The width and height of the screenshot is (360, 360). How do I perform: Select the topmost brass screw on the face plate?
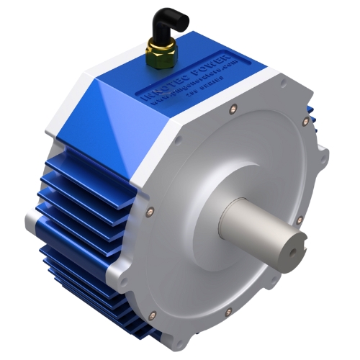(231, 109)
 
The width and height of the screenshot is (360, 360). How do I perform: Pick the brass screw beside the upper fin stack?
(150, 211)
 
